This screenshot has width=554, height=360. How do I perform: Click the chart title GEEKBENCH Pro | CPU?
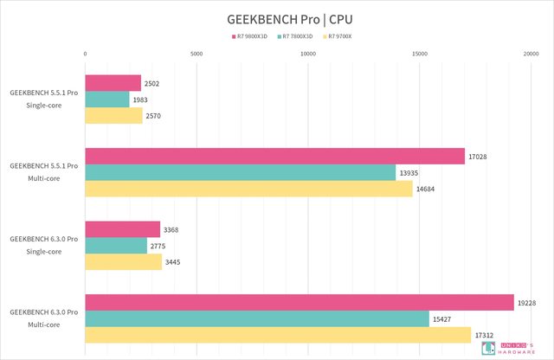pos(277,18)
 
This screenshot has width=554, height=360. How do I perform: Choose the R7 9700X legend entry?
pos(345,37)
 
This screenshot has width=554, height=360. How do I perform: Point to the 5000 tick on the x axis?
pos(196,54)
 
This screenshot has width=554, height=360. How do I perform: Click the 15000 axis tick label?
pos(419,54)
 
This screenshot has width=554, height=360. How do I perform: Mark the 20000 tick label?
pos(530,54)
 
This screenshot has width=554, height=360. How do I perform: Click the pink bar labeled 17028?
pos(274,156)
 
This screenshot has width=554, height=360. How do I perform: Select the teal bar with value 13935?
pos(240,172)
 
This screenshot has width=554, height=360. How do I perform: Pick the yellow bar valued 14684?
pos(248,189)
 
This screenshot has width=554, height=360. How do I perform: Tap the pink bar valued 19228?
pos(300,302)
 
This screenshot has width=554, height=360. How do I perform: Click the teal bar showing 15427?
pos(257,318)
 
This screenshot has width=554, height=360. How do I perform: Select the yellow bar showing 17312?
pos(278,335)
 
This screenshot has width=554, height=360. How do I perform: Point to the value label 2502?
pos(152,83)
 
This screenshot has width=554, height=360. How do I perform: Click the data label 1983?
pos(141,100)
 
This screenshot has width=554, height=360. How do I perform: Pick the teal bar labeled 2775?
pos(116,246)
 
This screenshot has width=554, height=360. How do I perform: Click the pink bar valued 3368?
pos(122,229)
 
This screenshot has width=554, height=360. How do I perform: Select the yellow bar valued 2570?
pos(113,116)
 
